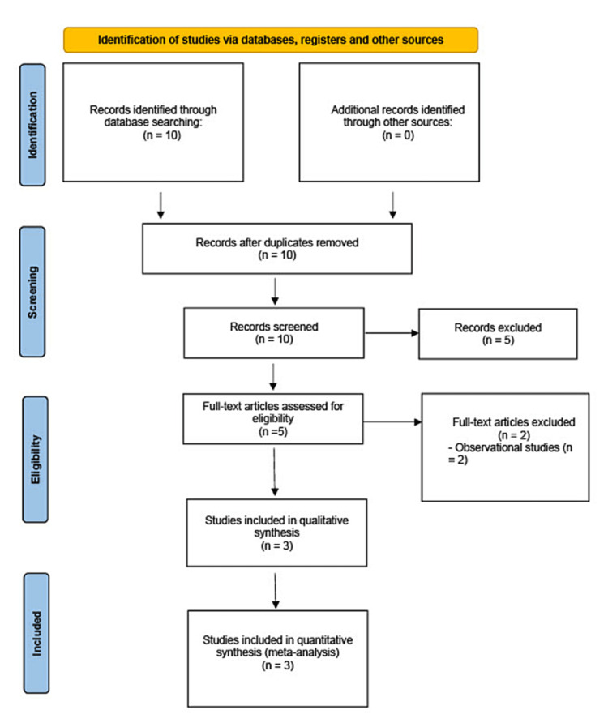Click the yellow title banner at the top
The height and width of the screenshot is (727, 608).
(x=271, y=40)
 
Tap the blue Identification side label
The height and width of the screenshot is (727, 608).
(x=32, y=125)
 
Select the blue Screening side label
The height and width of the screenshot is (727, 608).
(x=32, y=292)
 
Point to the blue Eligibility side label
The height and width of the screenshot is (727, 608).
(x=35, y=460)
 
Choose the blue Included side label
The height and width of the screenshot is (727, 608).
(x=36, y=633)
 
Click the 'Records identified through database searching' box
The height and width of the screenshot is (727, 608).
(x=153, y=122)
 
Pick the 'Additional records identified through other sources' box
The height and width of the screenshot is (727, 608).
(x=389, y=122)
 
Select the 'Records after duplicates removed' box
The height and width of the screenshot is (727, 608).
(x=277, y=249)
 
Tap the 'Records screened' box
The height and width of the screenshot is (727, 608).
(x=274, y=333)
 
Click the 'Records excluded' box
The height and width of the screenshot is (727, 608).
(x=498, y=334)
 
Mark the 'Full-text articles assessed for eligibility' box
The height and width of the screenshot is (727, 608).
(x=273, y=419)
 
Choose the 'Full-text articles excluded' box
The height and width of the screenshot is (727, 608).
(x=506, y=447)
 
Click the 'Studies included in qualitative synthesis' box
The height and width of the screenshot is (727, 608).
(x=277, y=532)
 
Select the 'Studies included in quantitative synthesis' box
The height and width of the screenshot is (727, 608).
(x=278, y=658)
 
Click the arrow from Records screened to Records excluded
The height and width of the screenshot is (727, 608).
(x=392, y=333)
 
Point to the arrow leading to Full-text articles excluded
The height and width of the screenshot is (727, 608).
(x=392, y=422)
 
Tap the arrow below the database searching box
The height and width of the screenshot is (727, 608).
(x=161, y=205)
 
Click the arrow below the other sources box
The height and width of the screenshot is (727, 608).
(x=393, y=205)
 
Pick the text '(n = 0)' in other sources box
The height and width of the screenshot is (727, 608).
(x=398, y=135)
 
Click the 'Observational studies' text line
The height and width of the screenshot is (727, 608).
(x=510, y=454)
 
